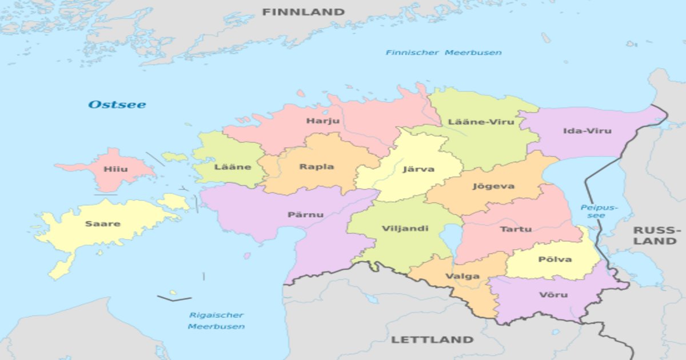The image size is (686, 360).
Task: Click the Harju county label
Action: point(322,121)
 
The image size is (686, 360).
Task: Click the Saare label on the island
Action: point(103,223)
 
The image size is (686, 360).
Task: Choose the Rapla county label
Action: point(316,167)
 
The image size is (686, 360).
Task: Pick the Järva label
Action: point(418,169)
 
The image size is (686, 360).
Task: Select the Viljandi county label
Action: point(405,229)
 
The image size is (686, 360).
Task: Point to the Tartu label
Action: point(516,229)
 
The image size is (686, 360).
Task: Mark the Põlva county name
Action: point(555,259)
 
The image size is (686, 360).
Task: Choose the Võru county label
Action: point(553,295)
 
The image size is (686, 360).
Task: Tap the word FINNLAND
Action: point(303,12)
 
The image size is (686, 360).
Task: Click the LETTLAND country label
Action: point(432,339)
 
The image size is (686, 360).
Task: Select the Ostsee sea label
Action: point(117,105)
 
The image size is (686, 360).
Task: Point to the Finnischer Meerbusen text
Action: point(443,53)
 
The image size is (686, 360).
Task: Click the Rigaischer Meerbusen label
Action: point(216,321)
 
